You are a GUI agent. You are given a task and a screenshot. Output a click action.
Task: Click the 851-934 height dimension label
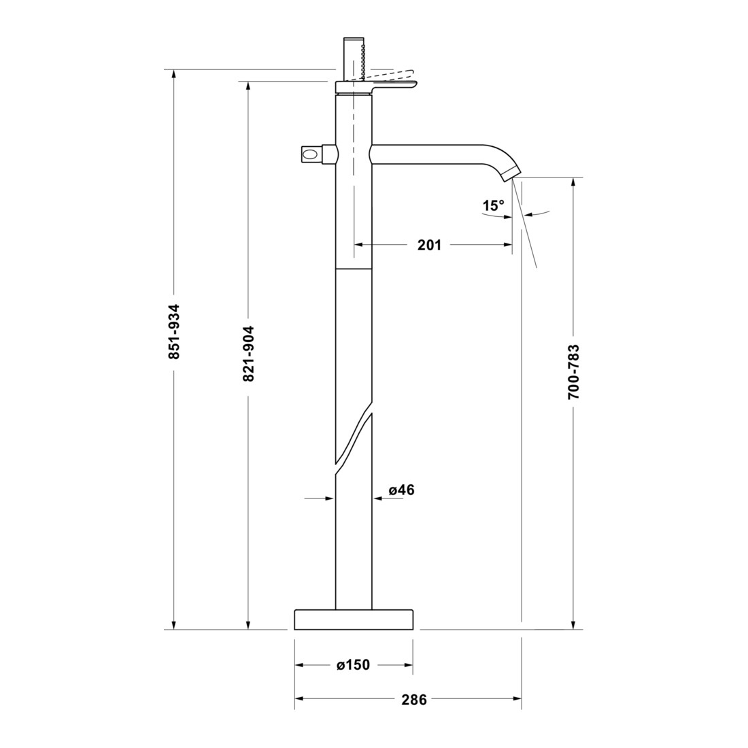[174, 331]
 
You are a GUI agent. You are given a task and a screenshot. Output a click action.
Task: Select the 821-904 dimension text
[248, 354]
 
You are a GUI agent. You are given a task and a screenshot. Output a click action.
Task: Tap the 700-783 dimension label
[573, 371]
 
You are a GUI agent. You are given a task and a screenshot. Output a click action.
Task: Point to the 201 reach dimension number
[429, 245]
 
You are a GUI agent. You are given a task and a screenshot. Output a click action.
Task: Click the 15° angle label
[493, 205]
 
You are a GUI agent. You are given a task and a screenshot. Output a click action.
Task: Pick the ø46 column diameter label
[402, 490]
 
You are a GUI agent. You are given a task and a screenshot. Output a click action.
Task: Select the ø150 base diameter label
[354, 664]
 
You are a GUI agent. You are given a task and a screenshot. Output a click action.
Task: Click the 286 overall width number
[413, 699]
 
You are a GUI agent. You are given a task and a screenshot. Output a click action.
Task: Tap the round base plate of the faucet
[354, 619]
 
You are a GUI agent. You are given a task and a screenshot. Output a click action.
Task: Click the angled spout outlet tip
[511, 173]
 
